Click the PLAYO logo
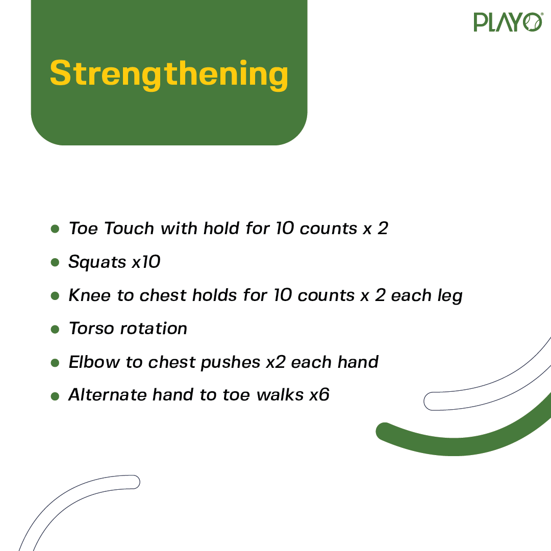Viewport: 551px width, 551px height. [x=508, y=22]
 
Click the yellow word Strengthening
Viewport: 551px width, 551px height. [x=169, y=74]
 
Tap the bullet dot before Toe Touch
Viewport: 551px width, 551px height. [x=55, y=229]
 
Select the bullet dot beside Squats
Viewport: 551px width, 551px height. [x=55, y=262]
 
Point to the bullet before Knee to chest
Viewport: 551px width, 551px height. [x=55, y=295]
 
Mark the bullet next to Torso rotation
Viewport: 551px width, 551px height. [x=55, y=329]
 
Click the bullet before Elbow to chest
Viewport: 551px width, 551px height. [x=55, y=362]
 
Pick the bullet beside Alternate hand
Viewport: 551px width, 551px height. [x=55, y=396]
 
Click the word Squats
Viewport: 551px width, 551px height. [x=97, y=262]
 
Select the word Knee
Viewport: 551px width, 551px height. [x=90, y=295]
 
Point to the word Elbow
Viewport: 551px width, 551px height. [x=94, y=362]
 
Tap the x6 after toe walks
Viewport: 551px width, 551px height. [x=319, y=394]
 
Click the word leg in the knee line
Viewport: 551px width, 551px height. [x=450, y=296]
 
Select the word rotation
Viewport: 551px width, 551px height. [x=154, y=329]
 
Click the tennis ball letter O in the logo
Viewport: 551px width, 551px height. [x=533, y=22]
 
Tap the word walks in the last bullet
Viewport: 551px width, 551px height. [x=280, y=394]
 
